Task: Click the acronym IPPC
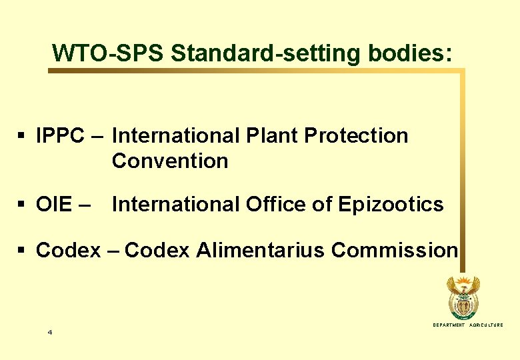tap(60, 136)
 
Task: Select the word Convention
tap(170, 161)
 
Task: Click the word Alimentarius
tap(261, 250)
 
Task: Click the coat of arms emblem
tap(462, 298)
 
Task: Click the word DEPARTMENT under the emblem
tap(449, 325)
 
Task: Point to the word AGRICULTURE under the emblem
tap(487, 325)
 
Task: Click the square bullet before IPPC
tap(21, 137)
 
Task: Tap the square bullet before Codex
tap(21, 251)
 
